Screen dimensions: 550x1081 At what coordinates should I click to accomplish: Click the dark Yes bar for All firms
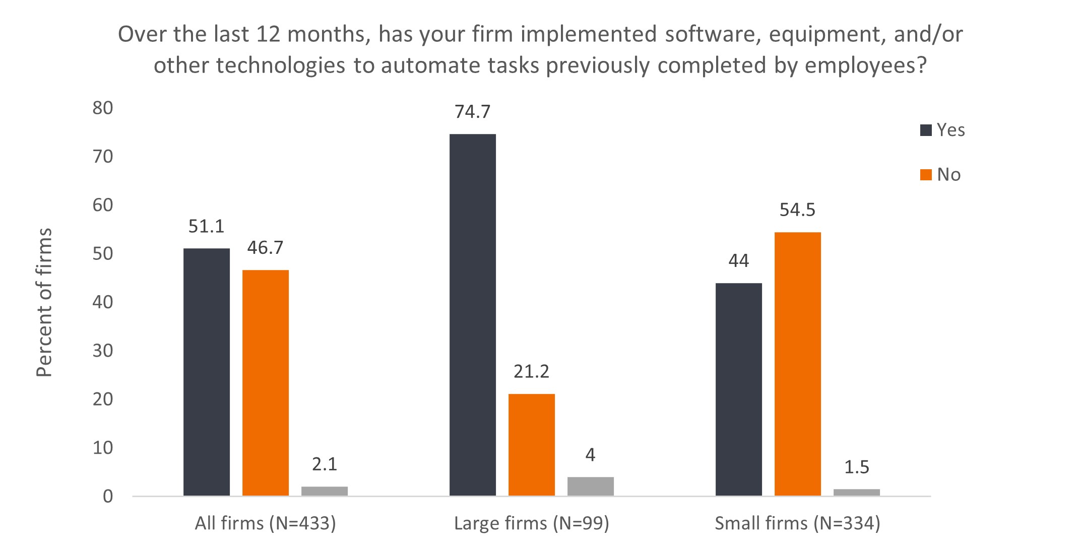[x=207, y=372]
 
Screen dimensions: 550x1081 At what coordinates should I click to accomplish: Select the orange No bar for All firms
[x=266, y=383]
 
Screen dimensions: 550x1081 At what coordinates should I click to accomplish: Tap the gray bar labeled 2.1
[x=325, y=491]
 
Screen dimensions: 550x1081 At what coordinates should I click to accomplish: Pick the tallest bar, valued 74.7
[x=473, y=315]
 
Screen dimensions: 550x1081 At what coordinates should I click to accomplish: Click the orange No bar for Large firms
[x=532, y=445]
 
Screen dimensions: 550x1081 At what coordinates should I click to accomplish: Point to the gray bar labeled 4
[x=591, y=487]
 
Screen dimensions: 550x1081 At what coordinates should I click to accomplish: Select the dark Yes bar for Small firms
[x=739, y=389]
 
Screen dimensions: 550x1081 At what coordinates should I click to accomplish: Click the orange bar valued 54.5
[x=798, y=364]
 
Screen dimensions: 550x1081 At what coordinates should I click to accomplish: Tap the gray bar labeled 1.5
[x=857, y=493]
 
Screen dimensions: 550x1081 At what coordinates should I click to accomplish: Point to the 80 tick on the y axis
[x=103, y=108]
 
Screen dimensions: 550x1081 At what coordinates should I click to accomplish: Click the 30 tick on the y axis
[x=103, y=351]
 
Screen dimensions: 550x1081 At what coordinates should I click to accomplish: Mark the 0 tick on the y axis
[x=108, y=497]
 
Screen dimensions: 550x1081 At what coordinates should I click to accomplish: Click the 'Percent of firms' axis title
[x=45, y=302]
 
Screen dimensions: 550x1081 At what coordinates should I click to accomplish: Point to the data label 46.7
[x=266, y=248]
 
